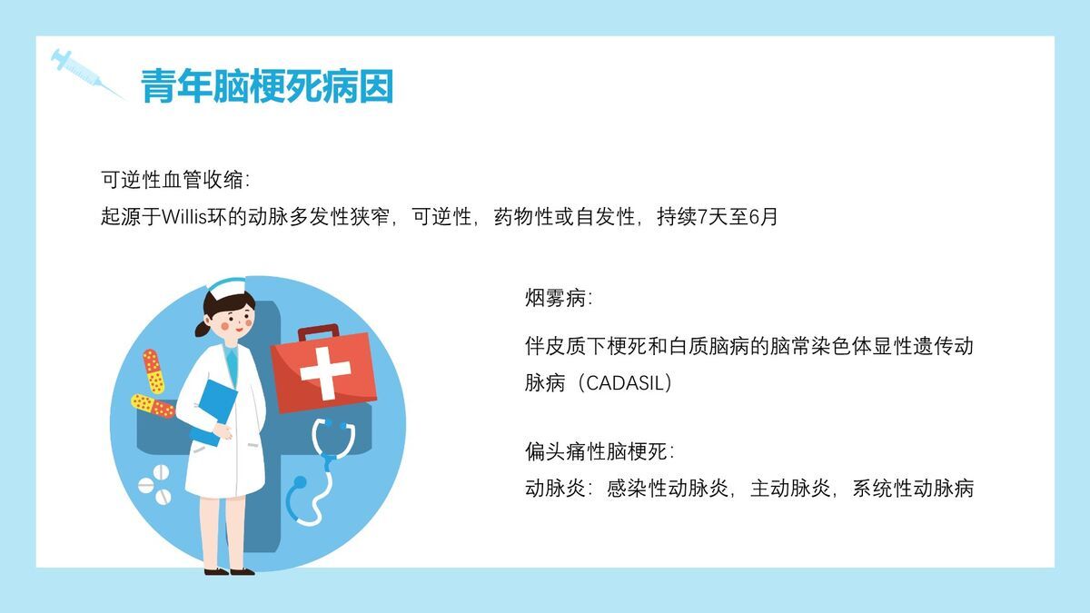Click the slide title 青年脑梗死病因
click(x=266, y=89)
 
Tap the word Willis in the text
click(x=185, y=218)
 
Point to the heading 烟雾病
click(x=559, y=298)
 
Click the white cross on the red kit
click(x=324, y=372)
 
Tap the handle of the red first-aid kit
click(x=317, y=332)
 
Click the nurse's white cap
click(x=226, y=289)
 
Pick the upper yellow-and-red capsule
click(x=153, y=371)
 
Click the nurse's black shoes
click(x=229, y=571)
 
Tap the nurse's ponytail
click(x=201, y=328)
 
